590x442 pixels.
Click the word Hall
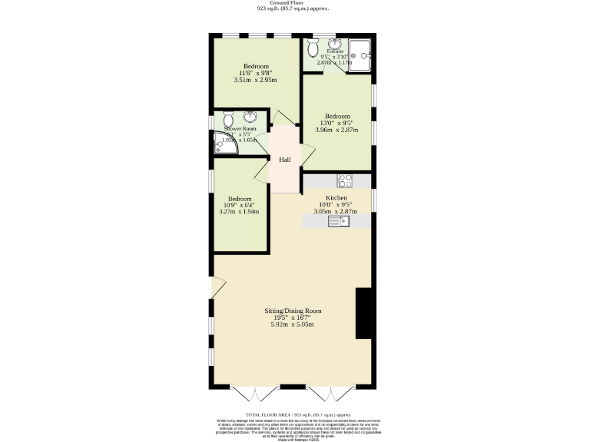click(x=285, y=160)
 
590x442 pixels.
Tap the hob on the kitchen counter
click(x=345, y=182)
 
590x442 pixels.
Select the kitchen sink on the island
click(x=338, y=222)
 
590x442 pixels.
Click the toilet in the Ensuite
click(x=313, y=50)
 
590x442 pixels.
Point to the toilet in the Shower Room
click(x=228, y=120)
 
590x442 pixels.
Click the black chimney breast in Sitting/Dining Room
click(x=363, y=313)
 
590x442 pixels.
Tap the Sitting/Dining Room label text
click(x=293, y=311)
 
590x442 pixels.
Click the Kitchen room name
click(x=337, y=198)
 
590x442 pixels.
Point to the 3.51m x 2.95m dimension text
click(x=255, y=80)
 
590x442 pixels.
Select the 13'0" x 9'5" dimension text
click(x=336, y=123)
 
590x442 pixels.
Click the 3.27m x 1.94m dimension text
click(x=240, y=212)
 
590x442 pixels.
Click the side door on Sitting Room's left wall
click(x=217, y=288)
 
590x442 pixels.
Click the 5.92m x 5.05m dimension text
click(x=293, y=325)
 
